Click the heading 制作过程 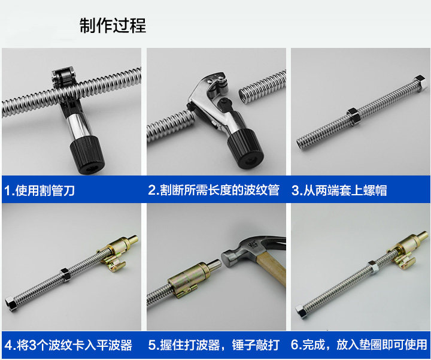[x=113, y=26]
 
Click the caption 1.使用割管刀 [x=40, y=190]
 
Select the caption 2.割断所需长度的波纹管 [x=214, y=190]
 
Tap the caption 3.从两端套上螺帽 [x=339, y=190]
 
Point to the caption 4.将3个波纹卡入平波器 [x=68, y=345]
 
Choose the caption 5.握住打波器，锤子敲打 [x=214, y=345]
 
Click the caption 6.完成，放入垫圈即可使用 [x=359, y=345]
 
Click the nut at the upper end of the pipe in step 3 [x=420, y=83]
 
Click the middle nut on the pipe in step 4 [x=65, y=274]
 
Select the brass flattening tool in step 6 [x=408, y=249]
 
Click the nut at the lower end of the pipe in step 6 [x=302, y=311]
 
